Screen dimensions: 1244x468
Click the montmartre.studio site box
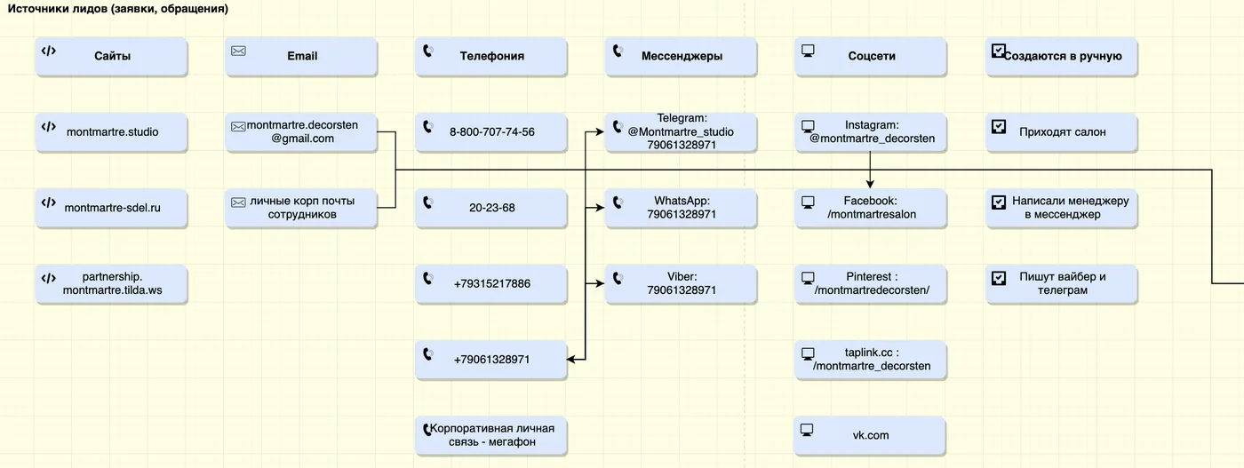(112, 132)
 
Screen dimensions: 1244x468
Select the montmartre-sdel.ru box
(112, 208)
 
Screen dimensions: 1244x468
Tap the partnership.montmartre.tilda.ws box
(112, 283)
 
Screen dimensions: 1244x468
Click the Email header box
(301, 56)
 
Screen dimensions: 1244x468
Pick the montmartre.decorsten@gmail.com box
(301, 132)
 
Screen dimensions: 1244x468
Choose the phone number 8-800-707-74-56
(491, 132)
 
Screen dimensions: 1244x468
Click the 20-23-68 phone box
(491, 208)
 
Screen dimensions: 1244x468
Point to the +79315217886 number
(491, 283)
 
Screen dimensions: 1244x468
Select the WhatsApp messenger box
(682, 208)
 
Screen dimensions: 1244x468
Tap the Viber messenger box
(682, 283)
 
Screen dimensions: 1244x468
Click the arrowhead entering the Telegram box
(600, 132)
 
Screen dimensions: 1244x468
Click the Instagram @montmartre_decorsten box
(872, 132)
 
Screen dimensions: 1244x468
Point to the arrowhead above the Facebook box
(870, 184)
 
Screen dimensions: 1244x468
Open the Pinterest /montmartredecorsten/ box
(872, 283)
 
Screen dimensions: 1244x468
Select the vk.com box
(870, 436)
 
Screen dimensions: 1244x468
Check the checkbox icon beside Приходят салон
(999, 127)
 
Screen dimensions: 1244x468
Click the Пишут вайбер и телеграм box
(1061, 283)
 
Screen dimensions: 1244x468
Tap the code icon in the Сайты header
(49, 52)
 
